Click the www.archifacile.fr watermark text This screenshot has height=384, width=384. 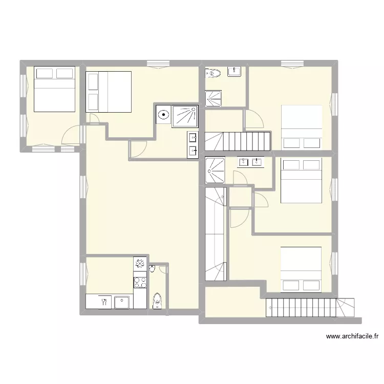[352, 336]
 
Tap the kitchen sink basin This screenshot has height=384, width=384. [122, 302]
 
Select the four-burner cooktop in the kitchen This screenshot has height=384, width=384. [140, 282]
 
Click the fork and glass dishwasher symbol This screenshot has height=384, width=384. [104, 302]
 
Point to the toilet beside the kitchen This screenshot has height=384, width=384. [157, 301]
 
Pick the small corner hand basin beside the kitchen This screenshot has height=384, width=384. [152, 268]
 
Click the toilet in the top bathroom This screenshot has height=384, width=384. [213, 73]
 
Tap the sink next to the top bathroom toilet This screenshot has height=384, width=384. [234, 72]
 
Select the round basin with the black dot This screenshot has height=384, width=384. [163, 115]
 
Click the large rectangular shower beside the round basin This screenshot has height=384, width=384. [185, 116]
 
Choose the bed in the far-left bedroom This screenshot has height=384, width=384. [54, 89]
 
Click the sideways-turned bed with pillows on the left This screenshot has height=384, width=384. [109, 92]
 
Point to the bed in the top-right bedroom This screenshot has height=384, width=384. [302, 127]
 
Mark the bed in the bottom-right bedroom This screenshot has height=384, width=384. [301, 270]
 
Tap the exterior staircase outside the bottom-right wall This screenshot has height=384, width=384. [310, 308]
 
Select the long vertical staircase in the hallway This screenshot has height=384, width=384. [216, 234]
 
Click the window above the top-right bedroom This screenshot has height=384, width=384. [292, 63]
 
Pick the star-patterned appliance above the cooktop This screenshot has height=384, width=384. [140, 264]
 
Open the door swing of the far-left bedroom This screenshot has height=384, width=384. [71, 135]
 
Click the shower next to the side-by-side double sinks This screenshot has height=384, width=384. [215, 170]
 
